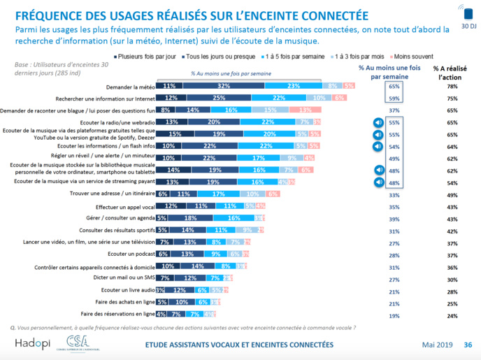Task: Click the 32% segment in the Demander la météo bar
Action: coord(219,85)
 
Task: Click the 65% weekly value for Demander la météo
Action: coord(393,85)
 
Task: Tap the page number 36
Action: coord(468,344)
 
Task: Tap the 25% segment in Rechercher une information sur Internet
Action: coord(219,98)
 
